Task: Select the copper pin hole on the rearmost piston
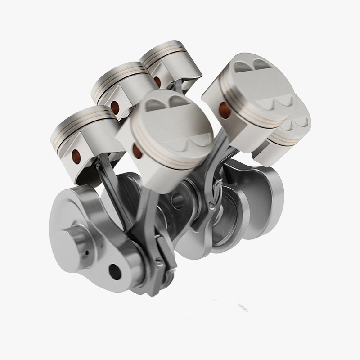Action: pos(157,81)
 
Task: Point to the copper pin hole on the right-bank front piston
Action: pos(224,108)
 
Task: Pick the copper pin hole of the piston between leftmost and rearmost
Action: pos(115,107)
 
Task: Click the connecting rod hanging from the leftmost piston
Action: pos(112,189)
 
